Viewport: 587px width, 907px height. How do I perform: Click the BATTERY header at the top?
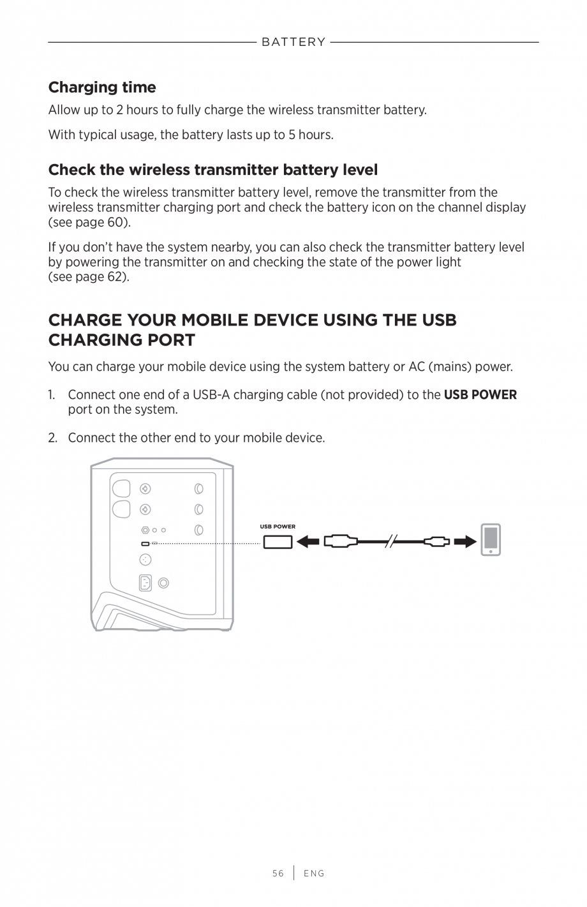[x=293, y=42]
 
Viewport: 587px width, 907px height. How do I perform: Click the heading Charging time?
[x=102, y=87]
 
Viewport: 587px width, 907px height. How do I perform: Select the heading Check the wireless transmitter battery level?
[x=213, y=170]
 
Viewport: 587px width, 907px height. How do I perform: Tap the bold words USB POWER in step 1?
[x=480, y=394]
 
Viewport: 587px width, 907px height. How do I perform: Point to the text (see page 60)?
[x=89, y=222]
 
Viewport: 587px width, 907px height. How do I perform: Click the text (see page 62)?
[x=89, y=277]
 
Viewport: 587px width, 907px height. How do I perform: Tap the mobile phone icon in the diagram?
[x=491, y=540]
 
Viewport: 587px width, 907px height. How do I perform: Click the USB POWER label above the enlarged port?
[x=278, y=527]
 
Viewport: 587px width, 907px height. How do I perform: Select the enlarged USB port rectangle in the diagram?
[x=277, y=543]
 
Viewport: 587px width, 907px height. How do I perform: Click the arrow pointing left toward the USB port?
[x=308, y=543]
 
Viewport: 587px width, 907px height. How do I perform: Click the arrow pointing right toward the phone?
[x=465, y=543]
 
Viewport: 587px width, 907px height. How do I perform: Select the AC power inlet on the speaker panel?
[x=145, y=583]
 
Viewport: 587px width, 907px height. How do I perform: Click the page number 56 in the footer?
[x=278, y=873]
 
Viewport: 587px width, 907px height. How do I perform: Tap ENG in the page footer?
[x=314, y=873]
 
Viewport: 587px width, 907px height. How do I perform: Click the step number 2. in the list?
[x=53, y=438]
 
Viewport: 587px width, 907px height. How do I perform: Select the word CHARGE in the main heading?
[x=85, y=320]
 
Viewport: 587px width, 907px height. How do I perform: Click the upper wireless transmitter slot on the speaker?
[x=121, y=488]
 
